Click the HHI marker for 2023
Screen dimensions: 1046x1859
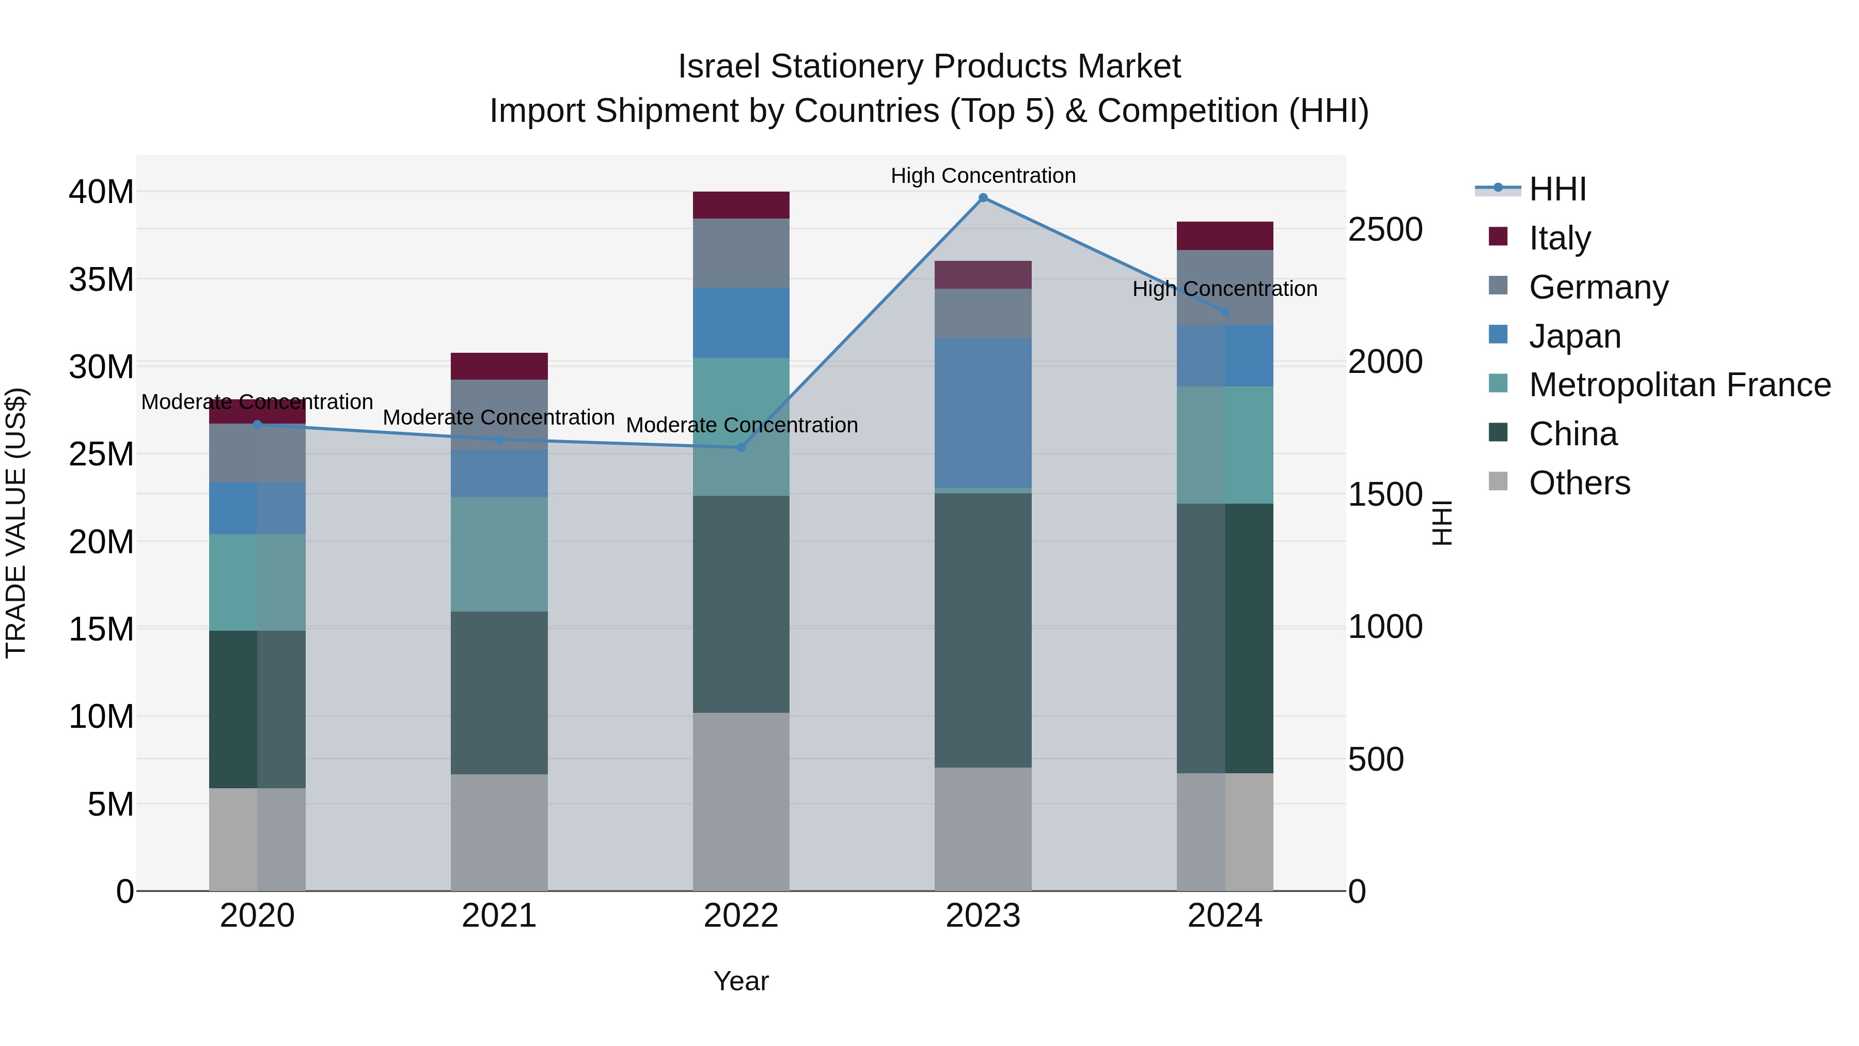coord(983,198)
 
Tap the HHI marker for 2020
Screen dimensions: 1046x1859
coord(258,425)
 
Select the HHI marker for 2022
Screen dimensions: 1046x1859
coord(741,447)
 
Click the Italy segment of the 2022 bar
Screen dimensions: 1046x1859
coord(741,205)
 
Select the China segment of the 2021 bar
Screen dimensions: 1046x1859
coord(499,693)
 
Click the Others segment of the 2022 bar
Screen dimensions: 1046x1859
coord(741,801)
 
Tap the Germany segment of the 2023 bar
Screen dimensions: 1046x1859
coord(983,314)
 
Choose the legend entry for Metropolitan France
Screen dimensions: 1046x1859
coord(1679,385)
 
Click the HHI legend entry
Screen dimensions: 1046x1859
coord(1557,189)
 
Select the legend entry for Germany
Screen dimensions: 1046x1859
coord(1598,287)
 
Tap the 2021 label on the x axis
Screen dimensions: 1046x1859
coord(499,916)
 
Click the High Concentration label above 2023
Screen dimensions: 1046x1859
coord(983,176)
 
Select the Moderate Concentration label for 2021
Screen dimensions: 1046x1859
coord(499,417)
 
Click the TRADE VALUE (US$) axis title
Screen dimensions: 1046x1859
coord(16,523)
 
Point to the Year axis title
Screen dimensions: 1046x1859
coord(741,981)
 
